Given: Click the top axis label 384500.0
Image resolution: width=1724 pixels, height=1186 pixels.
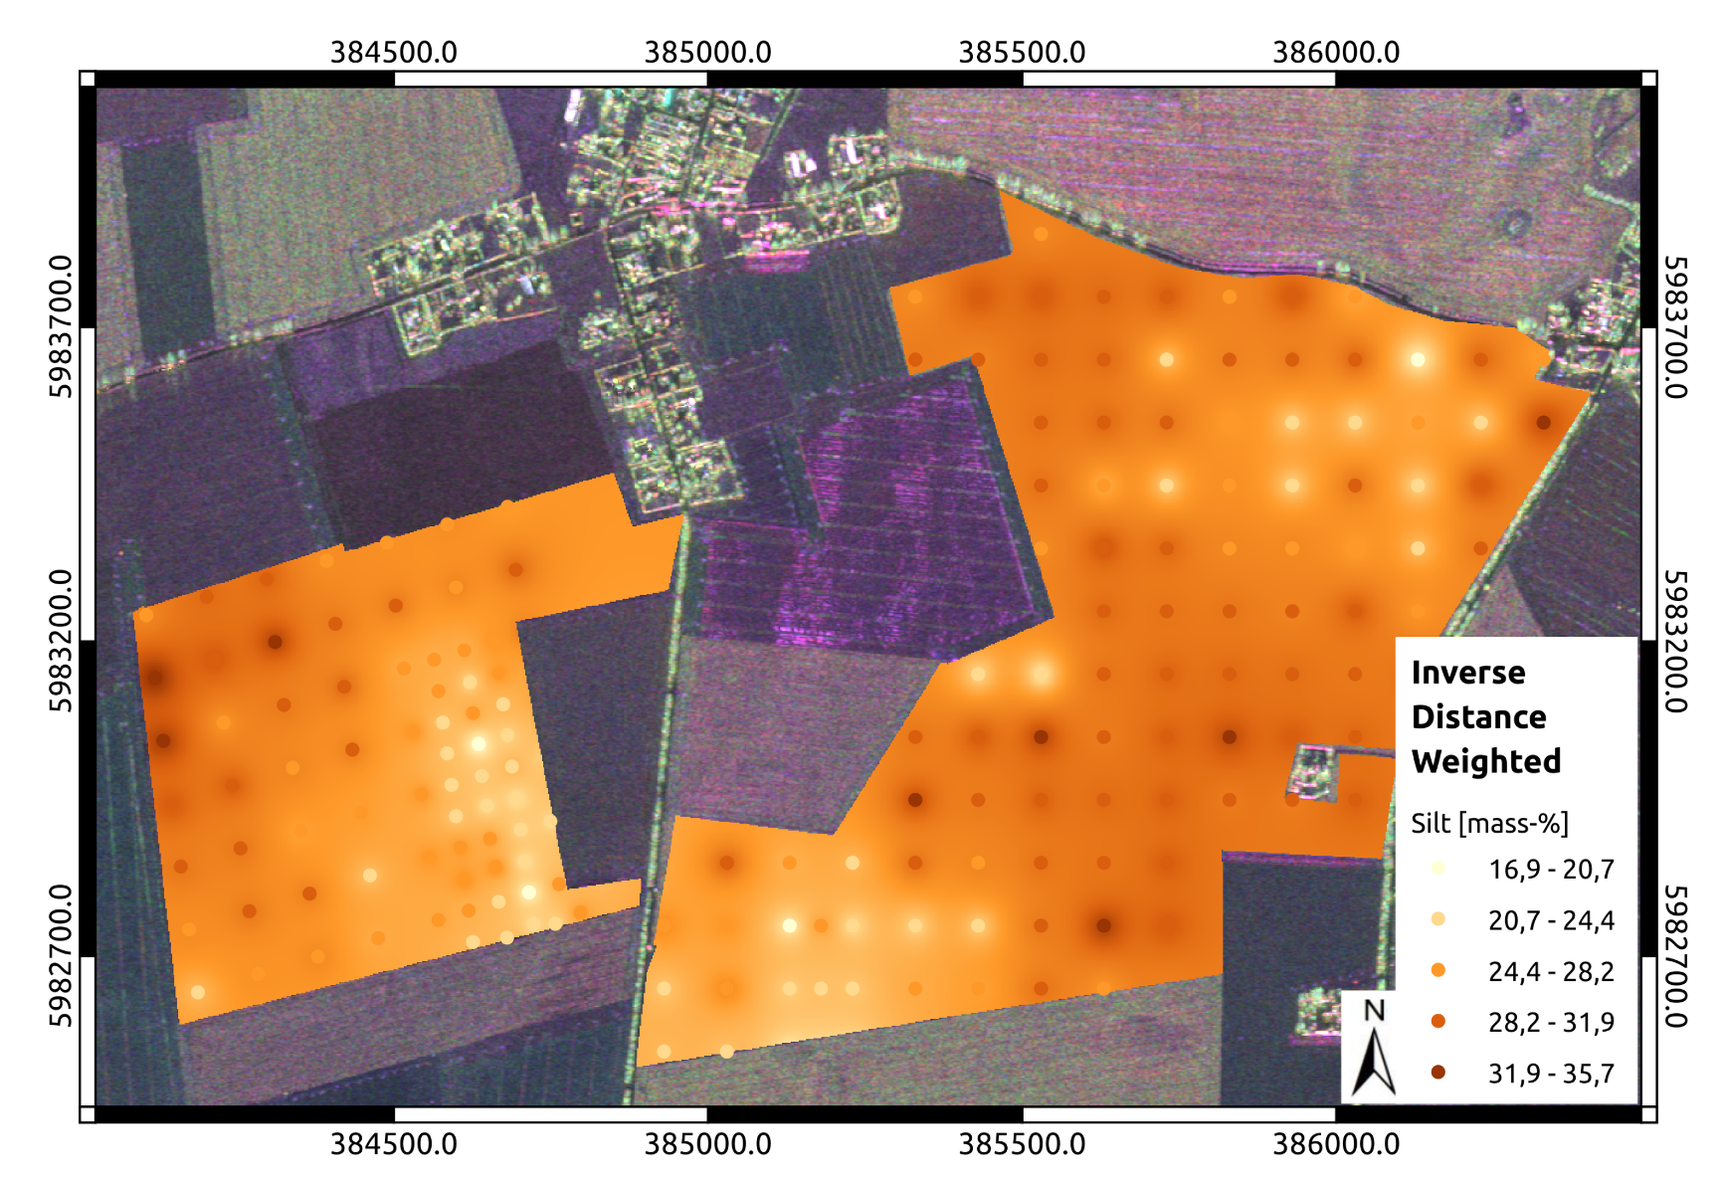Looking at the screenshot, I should point(394,53).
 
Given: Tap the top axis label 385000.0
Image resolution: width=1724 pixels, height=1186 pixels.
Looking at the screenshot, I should point(707,53).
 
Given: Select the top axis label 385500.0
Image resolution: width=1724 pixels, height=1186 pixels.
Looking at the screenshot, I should point(1022,53).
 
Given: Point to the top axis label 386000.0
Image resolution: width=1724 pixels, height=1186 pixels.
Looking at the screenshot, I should point(1336,53).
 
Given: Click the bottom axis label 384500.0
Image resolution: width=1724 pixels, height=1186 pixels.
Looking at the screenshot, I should point(394,1144).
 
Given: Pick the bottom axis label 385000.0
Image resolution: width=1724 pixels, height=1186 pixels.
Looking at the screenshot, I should point(707,1144).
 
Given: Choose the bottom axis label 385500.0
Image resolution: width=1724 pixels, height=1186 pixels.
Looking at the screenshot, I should point(1022,1144).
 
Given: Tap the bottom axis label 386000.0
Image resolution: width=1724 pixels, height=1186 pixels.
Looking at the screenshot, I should point(1336,1144).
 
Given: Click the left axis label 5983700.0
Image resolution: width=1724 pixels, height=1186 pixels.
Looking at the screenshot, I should point(61,326).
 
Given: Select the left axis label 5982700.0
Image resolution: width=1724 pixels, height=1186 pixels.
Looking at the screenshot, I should point(61,955).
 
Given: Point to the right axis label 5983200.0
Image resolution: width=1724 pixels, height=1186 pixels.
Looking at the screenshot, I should point(1675,641).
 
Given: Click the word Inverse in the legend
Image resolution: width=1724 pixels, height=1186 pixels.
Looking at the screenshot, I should point(1467,673).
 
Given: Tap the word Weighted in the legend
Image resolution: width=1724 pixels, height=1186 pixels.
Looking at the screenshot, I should point(1485,761).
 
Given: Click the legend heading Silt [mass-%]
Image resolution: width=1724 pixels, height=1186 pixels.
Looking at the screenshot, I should point(1489,824).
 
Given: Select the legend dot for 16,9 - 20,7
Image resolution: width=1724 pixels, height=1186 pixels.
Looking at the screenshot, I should point(1437,869).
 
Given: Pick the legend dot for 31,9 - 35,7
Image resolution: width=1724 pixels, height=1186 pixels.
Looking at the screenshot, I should point(1437,1073).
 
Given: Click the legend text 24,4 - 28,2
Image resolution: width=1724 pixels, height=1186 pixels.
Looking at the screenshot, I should point(1551,971).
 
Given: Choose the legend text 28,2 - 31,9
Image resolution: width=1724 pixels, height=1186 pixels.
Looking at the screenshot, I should point(1551,1022).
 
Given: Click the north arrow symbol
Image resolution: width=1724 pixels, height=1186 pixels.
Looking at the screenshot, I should point(1374,1063).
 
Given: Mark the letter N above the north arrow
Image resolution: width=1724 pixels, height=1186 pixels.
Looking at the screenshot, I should point(1374,1011).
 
